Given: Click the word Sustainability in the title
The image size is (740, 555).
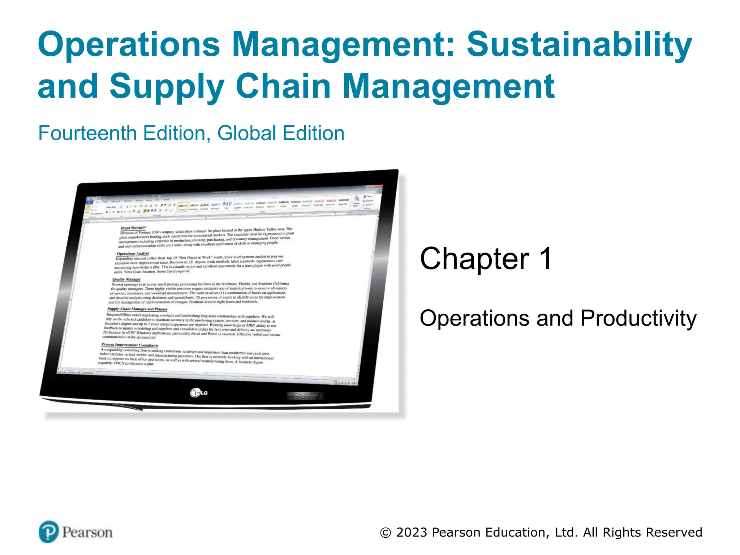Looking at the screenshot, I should coord(579,45).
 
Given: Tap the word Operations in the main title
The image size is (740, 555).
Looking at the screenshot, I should coord(129,45).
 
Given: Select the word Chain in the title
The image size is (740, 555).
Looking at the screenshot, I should coord(283,86).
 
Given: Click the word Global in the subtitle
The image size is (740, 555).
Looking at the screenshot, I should coord(246,133).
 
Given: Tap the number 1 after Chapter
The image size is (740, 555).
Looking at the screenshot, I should coord(546,258).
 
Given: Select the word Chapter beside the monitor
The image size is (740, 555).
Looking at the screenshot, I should coord(474,258).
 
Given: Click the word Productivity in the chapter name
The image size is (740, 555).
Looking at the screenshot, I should coord(638,319).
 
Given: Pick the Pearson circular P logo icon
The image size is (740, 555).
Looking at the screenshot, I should coord(48,532).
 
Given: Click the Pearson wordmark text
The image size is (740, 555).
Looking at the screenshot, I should coord(87,532).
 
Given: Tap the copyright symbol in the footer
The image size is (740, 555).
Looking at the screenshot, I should coord(386,533).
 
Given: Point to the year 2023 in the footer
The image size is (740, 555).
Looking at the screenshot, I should coord(412,532).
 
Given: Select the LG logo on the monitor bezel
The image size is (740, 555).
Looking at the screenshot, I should coord(199,392).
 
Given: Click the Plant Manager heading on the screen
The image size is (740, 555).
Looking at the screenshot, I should coord(133,228).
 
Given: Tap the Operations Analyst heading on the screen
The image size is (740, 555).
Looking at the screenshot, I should coord(133,254).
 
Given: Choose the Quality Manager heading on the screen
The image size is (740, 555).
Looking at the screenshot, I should coord(126,279).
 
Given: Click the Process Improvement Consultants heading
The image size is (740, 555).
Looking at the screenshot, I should coord(130,345).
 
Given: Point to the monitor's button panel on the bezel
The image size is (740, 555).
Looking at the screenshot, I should coord(304,396).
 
